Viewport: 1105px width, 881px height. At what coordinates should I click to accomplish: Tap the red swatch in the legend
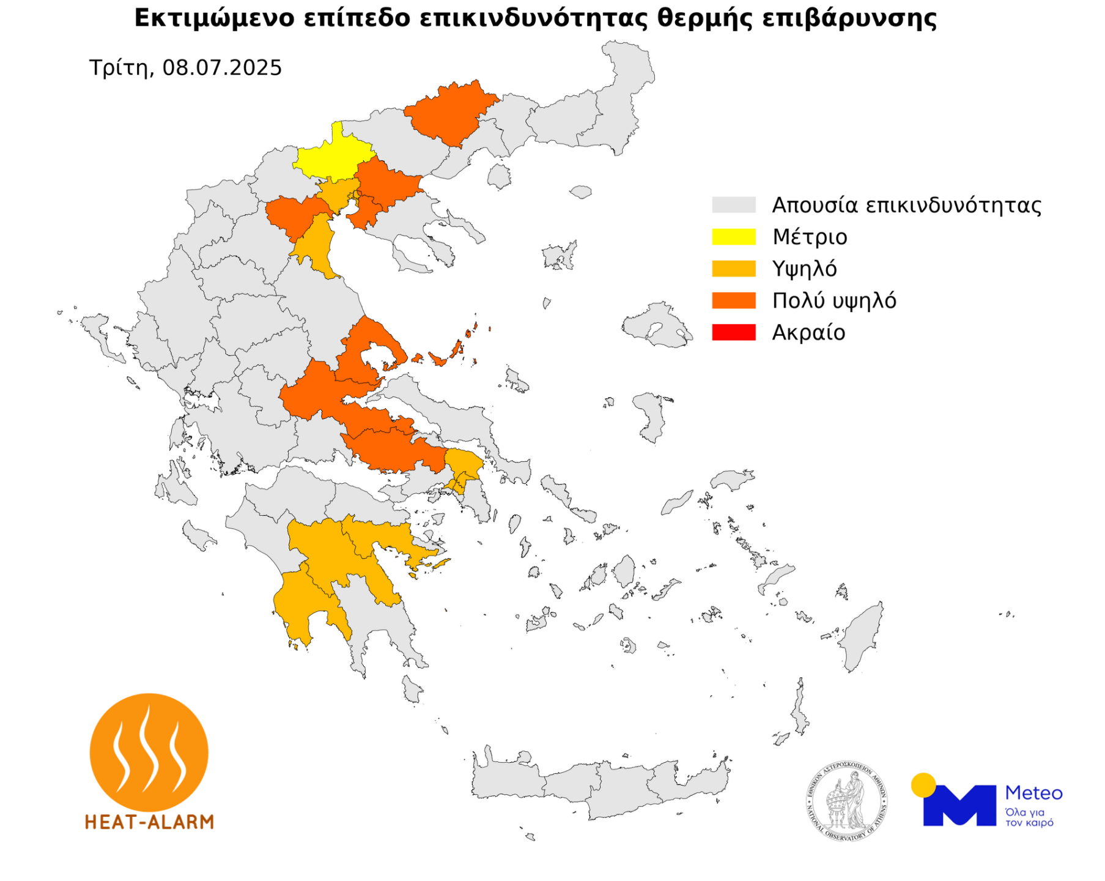[733, 332]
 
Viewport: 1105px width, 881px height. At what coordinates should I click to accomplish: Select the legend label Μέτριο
[809, 237]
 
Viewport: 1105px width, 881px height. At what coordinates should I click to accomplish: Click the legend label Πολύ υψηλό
[833, 300]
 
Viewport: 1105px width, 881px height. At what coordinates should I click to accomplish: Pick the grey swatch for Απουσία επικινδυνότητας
[733, 204]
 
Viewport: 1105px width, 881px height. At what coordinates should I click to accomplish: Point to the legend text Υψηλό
[804, 269]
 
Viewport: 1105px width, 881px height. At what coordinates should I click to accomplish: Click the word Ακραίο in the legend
[808, 332]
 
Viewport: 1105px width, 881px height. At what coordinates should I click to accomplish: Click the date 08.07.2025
[222, 67]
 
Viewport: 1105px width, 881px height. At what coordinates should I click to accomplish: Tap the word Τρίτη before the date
[119, 67]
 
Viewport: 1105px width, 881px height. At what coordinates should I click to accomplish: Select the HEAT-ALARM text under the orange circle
[149, 822]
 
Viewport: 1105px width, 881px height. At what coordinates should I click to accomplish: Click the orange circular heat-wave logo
[149, 752]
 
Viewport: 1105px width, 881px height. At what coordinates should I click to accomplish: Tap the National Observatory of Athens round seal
[846, 801]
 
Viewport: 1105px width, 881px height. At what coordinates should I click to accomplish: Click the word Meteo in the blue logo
[1033, 794]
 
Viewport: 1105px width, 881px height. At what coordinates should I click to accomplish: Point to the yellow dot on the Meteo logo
[923, 785]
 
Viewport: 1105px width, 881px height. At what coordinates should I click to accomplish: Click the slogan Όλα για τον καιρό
[1029, 818]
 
